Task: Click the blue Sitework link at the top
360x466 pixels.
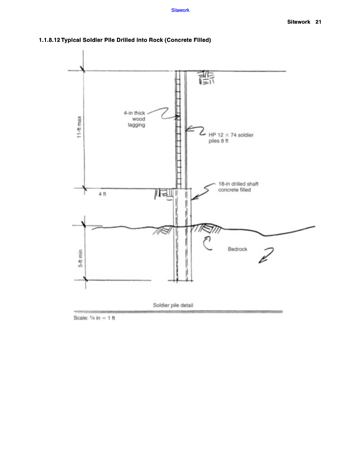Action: pos(180,10)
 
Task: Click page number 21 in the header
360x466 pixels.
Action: pos(318,22)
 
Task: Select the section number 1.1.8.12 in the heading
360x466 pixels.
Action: pos(50,40)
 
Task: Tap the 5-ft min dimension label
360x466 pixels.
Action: pos(80,258)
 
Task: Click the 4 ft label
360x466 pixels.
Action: pos(102,194)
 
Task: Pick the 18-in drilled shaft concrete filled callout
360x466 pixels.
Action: pos(238,187)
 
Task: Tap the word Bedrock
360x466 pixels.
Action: pos(237,249)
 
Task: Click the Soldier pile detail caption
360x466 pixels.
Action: pos(173,305)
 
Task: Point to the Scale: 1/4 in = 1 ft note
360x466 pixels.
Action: pos(94,318)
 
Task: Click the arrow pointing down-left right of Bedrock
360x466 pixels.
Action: pos(266,255)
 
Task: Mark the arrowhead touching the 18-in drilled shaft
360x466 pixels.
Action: pos(194,198)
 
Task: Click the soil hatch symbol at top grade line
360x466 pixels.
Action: pos(207,78)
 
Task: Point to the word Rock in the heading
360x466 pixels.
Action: pos(156,40)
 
